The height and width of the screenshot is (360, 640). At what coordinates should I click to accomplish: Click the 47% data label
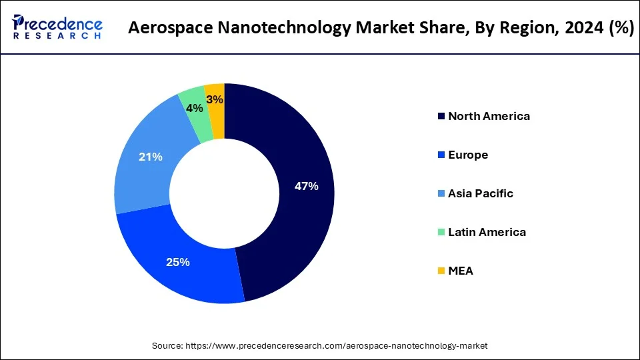[306, 187]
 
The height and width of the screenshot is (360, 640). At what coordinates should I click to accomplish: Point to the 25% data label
[178, 262]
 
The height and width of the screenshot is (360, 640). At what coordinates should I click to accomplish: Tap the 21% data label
[151, 157]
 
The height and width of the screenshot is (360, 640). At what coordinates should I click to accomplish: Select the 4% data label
[194, 108]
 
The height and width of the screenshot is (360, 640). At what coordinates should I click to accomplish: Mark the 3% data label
[215, 99]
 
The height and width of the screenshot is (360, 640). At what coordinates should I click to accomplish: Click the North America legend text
[489, 116]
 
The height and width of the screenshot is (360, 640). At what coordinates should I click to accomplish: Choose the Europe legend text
[468, 155]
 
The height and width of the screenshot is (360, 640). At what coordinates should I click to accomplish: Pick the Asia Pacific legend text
[481, 193]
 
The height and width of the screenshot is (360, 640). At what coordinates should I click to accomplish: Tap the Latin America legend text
[487, 232]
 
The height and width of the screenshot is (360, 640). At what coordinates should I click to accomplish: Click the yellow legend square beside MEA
[441, 271]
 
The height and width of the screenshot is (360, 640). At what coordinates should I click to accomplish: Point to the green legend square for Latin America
[441, 233]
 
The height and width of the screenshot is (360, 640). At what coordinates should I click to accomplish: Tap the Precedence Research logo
[57, 27]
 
